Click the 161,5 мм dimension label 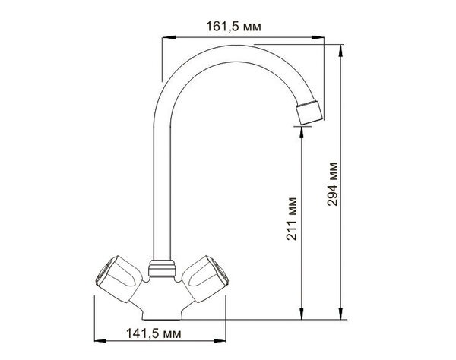tap(233, 27)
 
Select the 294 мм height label tap(332, 185)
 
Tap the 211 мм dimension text tap(291, 219)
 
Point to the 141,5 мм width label tap(154, 333)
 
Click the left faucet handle tap(119, 278)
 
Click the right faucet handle tap(205, 278)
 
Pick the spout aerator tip tap(309, 112)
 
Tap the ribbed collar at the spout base tap(162, 269)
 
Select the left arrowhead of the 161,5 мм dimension tap(169, 37)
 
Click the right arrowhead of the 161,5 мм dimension tap(318, 37)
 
